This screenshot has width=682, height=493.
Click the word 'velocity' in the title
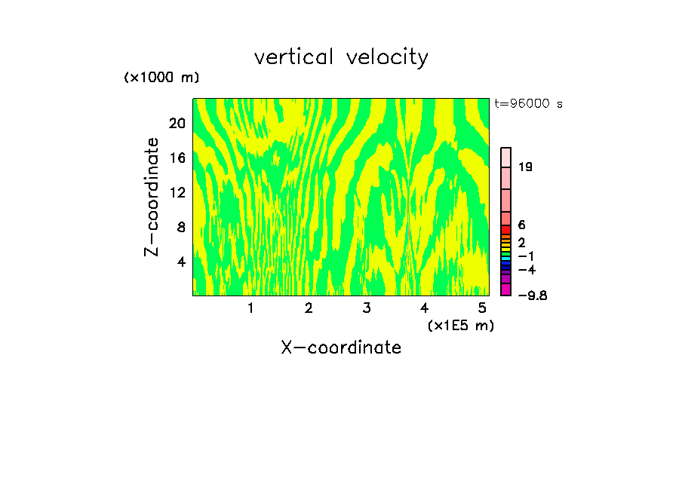(x=387, y=58)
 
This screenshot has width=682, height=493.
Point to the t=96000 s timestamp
(x=528, y=104)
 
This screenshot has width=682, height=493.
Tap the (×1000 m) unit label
(x=161, y=78)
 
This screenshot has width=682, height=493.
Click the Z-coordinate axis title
(x=152, y=197)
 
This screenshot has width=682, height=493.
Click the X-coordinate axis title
(x=341, y=348)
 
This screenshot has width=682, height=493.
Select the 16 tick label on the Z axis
(x=176, y=158)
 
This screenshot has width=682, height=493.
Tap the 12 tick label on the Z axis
(x=176, y=192)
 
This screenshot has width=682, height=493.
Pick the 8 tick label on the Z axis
(x=180, y=227)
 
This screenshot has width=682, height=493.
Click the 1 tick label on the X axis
(x=250, y=308)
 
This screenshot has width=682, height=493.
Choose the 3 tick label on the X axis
(x=366, y=308)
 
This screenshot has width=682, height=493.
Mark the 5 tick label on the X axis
(x=481, y=308)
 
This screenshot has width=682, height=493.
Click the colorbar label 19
(x=526, y=167)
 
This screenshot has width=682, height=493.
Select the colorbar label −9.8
(x=532, y=295)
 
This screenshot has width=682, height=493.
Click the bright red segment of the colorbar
(x=506, y=229)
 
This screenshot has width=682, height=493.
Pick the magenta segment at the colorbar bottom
(x=506, y=289)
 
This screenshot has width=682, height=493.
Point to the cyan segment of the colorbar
(x=506, y=259)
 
